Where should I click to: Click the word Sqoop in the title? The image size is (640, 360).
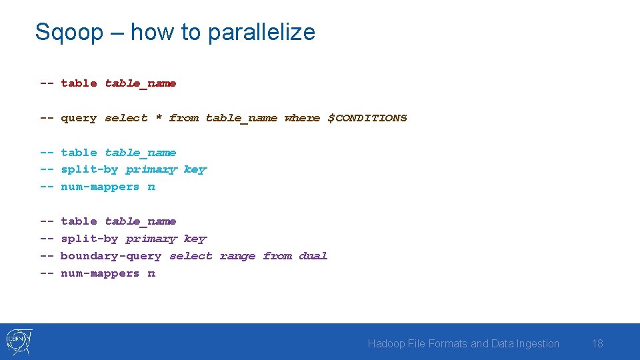[x=69, y=32]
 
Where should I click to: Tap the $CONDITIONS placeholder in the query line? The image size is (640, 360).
[x=367, y=118]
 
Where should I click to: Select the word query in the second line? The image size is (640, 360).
[x=79, y=118]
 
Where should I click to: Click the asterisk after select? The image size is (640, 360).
[x=159, y=118]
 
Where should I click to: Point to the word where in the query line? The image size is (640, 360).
[x=302, y=118]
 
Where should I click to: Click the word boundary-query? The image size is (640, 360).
[x=111, y=256]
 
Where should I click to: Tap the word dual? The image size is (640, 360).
[x=313, y=256]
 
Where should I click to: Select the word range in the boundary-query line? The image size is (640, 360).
[x=237, y=256]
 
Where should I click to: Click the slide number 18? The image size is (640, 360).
[x=597, y=343]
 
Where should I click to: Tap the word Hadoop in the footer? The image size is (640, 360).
[x=386, y=343]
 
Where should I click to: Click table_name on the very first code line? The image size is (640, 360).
[x=141, y=83]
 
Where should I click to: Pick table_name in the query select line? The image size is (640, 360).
[x=241, y=118]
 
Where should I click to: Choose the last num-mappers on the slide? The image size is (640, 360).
[x=100, y=273]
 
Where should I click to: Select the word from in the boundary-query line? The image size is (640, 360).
[x=277, y=256]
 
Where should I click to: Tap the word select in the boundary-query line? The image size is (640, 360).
[x=191, y=256]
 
